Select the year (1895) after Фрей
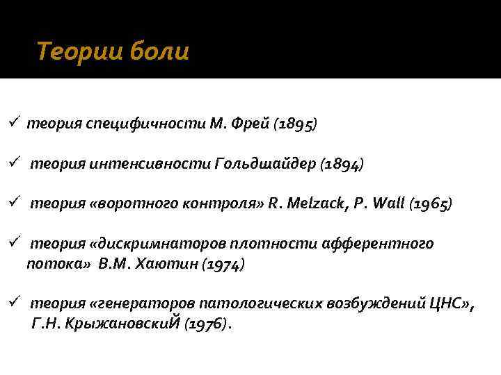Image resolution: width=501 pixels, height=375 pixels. tap(295, 124)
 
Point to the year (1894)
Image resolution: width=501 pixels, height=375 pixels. tap(341, 165)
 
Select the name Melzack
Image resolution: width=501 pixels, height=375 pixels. tap(308, 204)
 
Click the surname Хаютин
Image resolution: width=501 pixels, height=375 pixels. tap(168, 265)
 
